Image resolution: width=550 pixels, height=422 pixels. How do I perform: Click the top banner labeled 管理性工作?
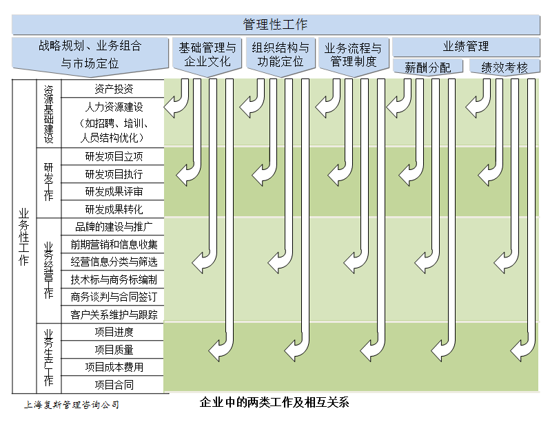(276, 25)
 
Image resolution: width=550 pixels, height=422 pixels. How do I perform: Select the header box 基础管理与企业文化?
(207, 56)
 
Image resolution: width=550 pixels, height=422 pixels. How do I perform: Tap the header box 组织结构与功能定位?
(281, 56)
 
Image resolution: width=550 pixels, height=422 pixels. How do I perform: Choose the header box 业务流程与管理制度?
(354, 56)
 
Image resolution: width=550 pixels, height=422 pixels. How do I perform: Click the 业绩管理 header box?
(466, 47)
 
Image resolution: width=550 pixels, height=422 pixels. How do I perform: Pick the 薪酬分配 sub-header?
(428, 67)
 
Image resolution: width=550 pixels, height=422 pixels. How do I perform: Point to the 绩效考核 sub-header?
(505, 67)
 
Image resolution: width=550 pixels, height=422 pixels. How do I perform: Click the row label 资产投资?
(114, 89)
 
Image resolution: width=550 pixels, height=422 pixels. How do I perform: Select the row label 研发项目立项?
(114, 156)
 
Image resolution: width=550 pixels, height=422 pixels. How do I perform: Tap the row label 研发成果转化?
(114, 209)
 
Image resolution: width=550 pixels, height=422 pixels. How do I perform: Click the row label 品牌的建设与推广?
(114, 226)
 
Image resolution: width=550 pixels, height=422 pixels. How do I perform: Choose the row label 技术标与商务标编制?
(114, 279)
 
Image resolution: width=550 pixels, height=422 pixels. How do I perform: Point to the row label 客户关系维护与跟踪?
(114, 315)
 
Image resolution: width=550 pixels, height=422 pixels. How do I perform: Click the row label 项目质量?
(114, 350)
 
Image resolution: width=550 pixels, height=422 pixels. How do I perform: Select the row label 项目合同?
(114, 385)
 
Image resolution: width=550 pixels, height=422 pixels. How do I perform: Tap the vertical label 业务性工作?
(24, 237)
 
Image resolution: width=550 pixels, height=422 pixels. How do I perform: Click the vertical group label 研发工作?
(49, 182)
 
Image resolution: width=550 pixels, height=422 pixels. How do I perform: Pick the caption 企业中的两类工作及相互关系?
(274, 402)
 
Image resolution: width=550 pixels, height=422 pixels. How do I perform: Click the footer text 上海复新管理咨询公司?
(72, 405)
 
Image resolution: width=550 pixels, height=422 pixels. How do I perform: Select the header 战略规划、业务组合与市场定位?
(90, 54)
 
